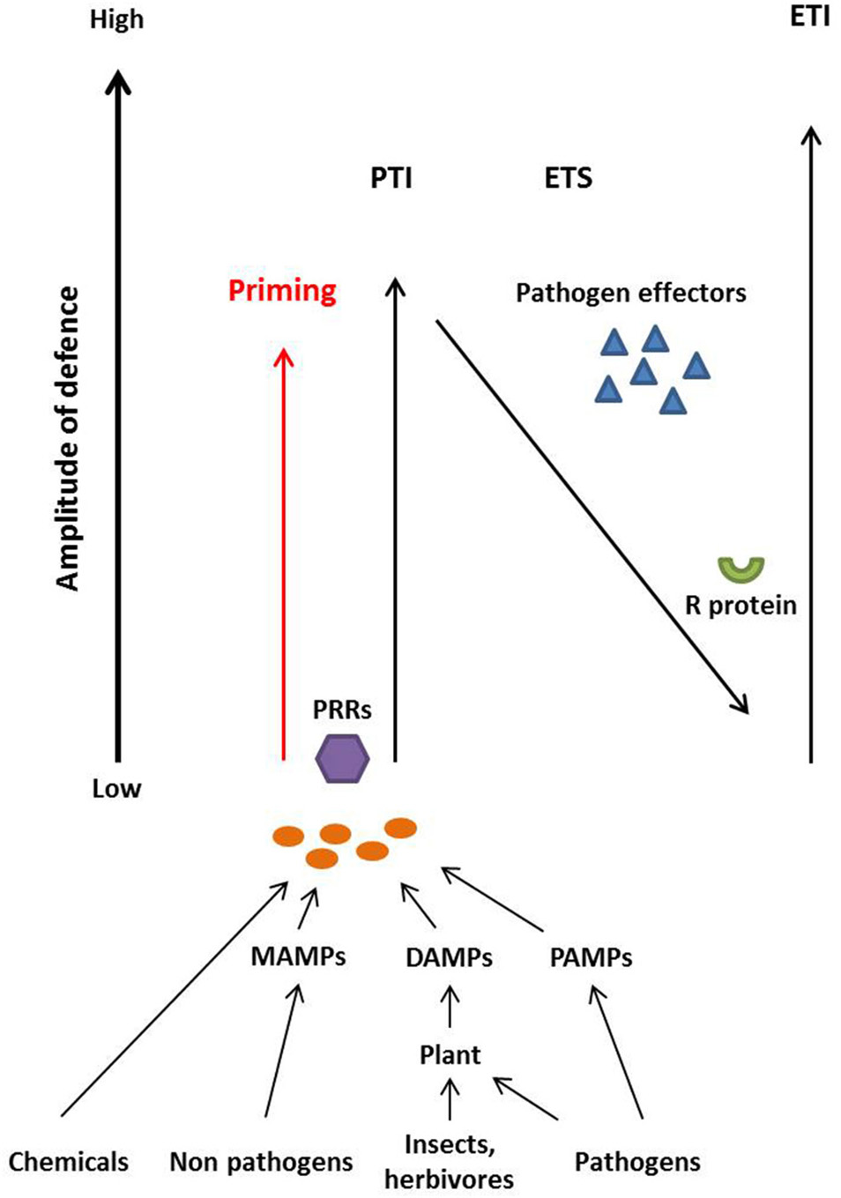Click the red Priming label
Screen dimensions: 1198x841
[x=282, y=291]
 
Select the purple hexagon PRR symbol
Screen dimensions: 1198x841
[x=342, y=758]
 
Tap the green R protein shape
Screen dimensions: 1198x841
[x=741, y=570]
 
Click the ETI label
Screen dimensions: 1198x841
[x=809, y=16]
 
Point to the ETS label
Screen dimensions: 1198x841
[x=568, y=179]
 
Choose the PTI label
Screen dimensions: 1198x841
[x=391, y=179]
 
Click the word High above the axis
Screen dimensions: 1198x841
[x=116, y=19]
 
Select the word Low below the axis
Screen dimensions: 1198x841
[x=116, y=789]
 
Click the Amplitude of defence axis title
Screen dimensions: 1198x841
[x=68, y=438]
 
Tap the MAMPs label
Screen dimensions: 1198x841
[x=298, y=956]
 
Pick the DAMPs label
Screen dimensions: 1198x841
[x=449, y=957]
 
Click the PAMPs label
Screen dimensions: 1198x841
[x=591, y=957]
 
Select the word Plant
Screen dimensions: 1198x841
[x=450, y=1055]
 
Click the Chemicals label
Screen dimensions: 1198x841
[x=68, y=1162]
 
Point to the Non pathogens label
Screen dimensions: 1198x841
[x=261, y=1162]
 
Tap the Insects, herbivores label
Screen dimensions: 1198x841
[x=449, y=1162]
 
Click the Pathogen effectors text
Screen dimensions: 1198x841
[x=630, y=293]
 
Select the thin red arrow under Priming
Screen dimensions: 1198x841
[x=283, y=555]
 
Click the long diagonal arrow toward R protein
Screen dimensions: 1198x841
[x=591, y=516]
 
